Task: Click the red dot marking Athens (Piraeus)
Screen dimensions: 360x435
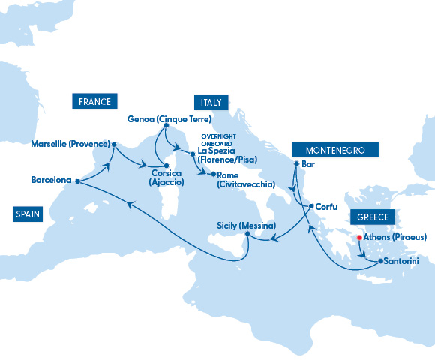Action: click(358, 238)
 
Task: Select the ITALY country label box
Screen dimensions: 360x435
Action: click(210, 102)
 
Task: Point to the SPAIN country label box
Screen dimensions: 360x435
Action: click(27, 214)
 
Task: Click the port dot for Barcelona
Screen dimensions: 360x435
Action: click(78, 181)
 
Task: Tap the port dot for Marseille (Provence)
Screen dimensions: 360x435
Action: click(114, 143)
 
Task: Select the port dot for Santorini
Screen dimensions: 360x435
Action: click(379, 262)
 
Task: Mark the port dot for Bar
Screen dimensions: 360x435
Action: click(296, 163)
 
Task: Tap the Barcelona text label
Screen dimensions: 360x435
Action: click(52, 181)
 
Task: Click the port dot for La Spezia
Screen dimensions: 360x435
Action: click(193, 154)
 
